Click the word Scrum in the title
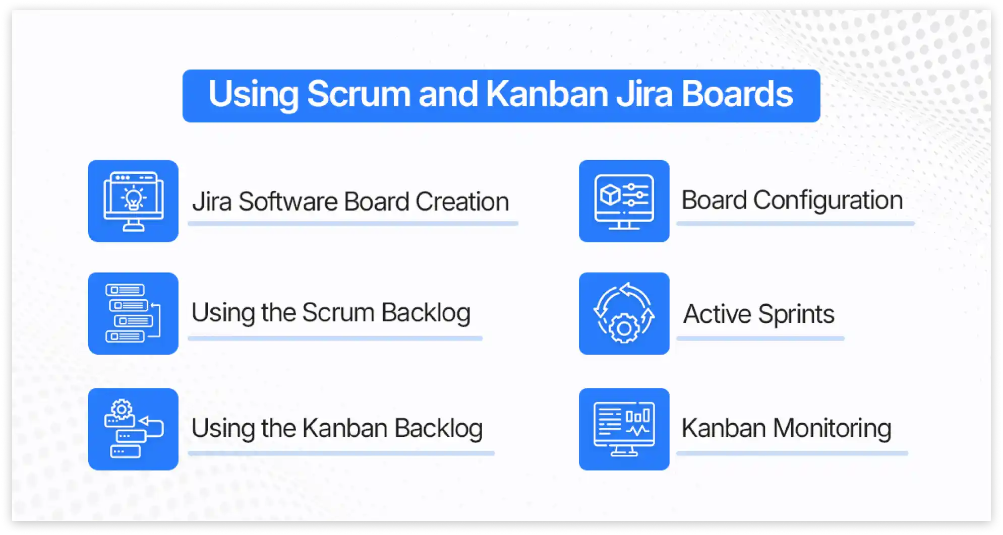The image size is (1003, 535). tap(359, 94)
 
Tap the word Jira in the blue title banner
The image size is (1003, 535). tap(644, 94)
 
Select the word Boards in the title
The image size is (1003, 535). tap(737, 94)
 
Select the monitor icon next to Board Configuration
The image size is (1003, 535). tap(624, 201)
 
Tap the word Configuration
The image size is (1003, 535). tap(828, 200)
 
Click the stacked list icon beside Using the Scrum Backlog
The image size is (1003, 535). tap(133, 313)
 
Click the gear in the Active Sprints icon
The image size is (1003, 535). tap(624, 328)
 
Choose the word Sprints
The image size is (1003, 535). tap(796, 314)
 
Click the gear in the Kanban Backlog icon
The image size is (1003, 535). tap(122, 409)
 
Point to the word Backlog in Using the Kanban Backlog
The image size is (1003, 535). tap(438, 428)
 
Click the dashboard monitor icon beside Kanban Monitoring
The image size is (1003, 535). tap(624, 429)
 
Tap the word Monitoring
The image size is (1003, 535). tap(832, 428)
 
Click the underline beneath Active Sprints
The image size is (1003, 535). tap(760, 339)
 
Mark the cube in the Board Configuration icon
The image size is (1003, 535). tap(610, 194)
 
